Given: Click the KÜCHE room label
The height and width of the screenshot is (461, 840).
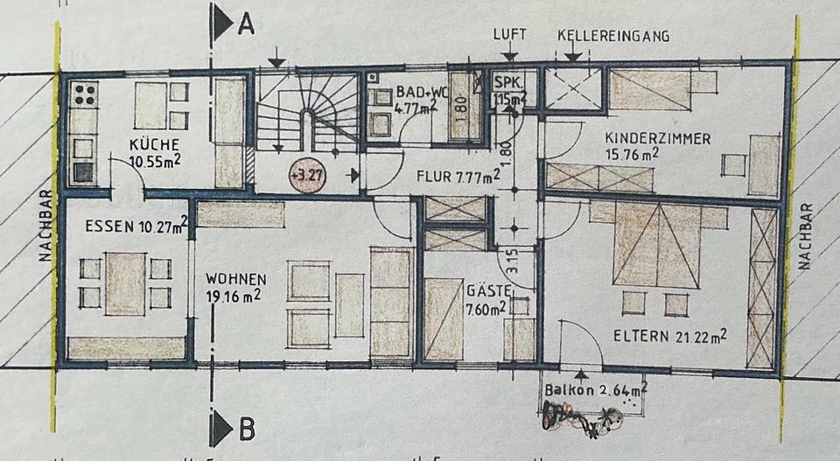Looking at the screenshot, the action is tap(155, 145).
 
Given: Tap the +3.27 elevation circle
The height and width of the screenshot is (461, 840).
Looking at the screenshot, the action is tap(305, 175).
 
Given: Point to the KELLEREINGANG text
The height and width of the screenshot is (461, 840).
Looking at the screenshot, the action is tap(613, 36).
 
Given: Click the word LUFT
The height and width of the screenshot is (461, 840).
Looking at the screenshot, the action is tap(510, 36).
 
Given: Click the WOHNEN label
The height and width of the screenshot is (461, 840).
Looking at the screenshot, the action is tap(235, 279).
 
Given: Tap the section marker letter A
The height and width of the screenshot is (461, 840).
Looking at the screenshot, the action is tap(246, 26).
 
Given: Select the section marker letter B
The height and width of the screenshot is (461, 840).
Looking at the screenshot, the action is tap(246, 430).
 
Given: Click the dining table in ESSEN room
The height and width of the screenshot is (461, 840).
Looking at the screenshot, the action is tap(125, 283).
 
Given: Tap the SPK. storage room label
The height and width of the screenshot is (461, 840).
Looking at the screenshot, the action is tap(509, 83).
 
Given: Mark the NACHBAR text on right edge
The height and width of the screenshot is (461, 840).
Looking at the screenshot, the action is tap(806, 237).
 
